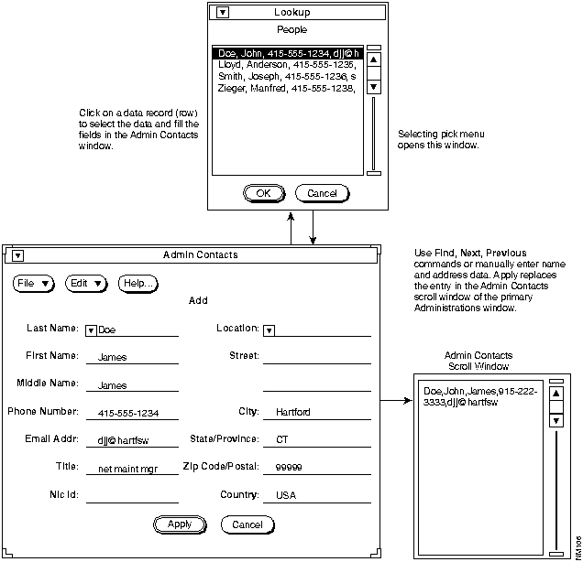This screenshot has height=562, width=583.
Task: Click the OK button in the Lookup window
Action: pos(263,193)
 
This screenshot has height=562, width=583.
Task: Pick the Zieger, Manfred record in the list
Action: pos(287,88)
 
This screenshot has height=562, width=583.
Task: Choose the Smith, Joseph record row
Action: pos(287,77)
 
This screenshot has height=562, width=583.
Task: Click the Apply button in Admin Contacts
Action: pos(180,524)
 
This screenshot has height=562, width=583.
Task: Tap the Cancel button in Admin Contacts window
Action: pos(247,524)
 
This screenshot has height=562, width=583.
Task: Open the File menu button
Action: pos(34,284)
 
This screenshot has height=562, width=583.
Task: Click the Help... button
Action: pos(137,284)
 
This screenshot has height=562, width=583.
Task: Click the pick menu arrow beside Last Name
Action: pos(91,330)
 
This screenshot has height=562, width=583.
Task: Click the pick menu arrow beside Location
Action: pos(268,330)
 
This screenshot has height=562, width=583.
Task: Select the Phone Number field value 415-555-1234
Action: pos(128,414)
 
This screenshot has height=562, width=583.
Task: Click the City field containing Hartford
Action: pos(293,412)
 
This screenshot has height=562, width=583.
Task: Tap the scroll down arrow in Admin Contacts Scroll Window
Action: pos(555,421)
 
